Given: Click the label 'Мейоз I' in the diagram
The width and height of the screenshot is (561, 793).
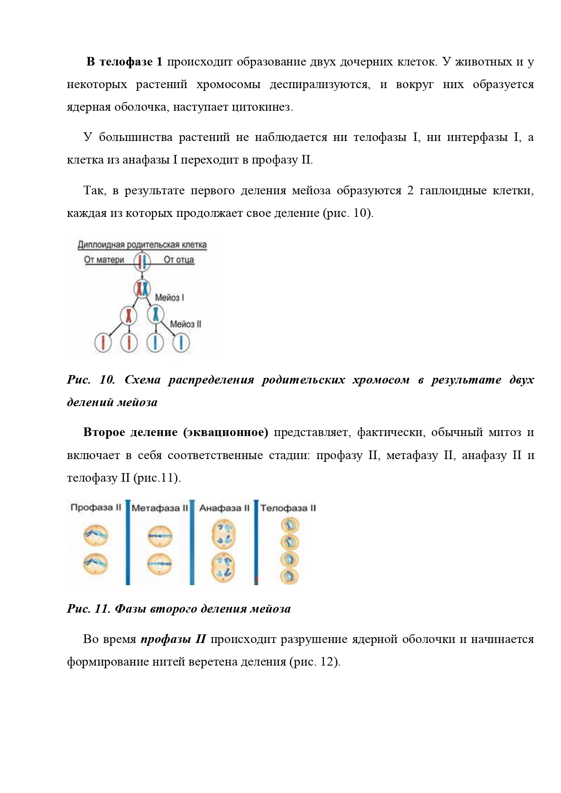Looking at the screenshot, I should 170,297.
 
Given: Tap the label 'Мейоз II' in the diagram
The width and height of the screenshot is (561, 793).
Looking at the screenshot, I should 185,324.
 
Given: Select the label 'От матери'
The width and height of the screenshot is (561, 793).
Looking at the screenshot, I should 104,260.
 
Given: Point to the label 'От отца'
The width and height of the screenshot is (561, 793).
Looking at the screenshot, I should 179,260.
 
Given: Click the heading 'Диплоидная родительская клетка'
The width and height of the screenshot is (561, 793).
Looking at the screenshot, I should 142,245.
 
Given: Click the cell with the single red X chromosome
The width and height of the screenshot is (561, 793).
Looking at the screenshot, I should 129,315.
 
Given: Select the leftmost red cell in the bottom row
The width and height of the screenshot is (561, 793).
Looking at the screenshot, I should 103,343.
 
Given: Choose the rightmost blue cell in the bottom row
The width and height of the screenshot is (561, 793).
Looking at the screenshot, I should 181,343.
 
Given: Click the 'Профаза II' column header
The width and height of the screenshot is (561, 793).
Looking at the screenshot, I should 96,507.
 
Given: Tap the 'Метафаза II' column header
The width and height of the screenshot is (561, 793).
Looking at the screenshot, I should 160,508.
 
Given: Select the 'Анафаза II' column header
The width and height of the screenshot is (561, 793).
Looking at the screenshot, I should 224,508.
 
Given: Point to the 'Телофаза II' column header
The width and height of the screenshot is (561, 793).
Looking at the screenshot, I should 288,508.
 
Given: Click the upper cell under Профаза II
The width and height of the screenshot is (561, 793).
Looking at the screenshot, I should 96,535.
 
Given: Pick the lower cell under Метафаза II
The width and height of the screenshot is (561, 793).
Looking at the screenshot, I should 160,564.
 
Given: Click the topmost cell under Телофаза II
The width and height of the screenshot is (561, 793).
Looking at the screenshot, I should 290,525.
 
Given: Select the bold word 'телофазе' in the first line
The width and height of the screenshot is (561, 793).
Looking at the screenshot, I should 126,62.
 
